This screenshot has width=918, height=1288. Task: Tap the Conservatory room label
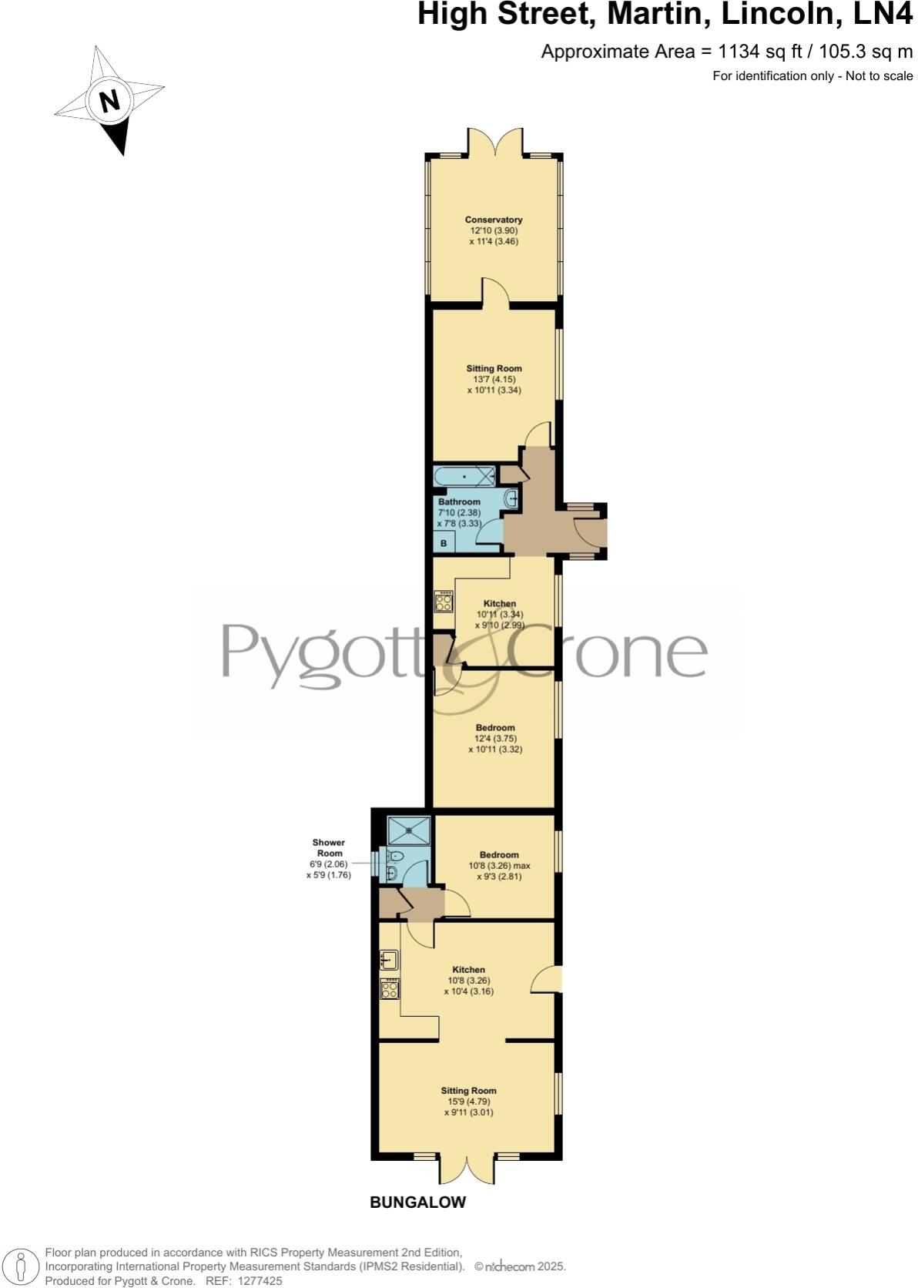tap(494, 220)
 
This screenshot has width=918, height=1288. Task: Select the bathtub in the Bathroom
tap(464, 477)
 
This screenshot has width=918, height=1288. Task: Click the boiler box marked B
tap(444, 543)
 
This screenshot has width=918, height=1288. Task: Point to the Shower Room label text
tap(328, 848)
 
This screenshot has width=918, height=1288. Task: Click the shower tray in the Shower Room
tap(409, 831)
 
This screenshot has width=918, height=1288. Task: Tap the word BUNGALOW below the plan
tap(417, 1202)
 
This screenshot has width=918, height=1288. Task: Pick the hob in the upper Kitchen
tap(444, 601)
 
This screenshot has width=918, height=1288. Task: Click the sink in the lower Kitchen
tap(389, 960)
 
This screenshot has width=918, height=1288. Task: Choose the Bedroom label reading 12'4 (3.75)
tap(495, 738)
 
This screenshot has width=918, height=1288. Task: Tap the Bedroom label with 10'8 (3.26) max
tap(499, 865)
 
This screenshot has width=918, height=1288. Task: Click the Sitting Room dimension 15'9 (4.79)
tap(468, 1102)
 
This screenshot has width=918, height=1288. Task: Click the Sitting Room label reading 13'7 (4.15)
tap(494, 379)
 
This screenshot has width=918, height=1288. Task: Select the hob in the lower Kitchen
tap(390, 989)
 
